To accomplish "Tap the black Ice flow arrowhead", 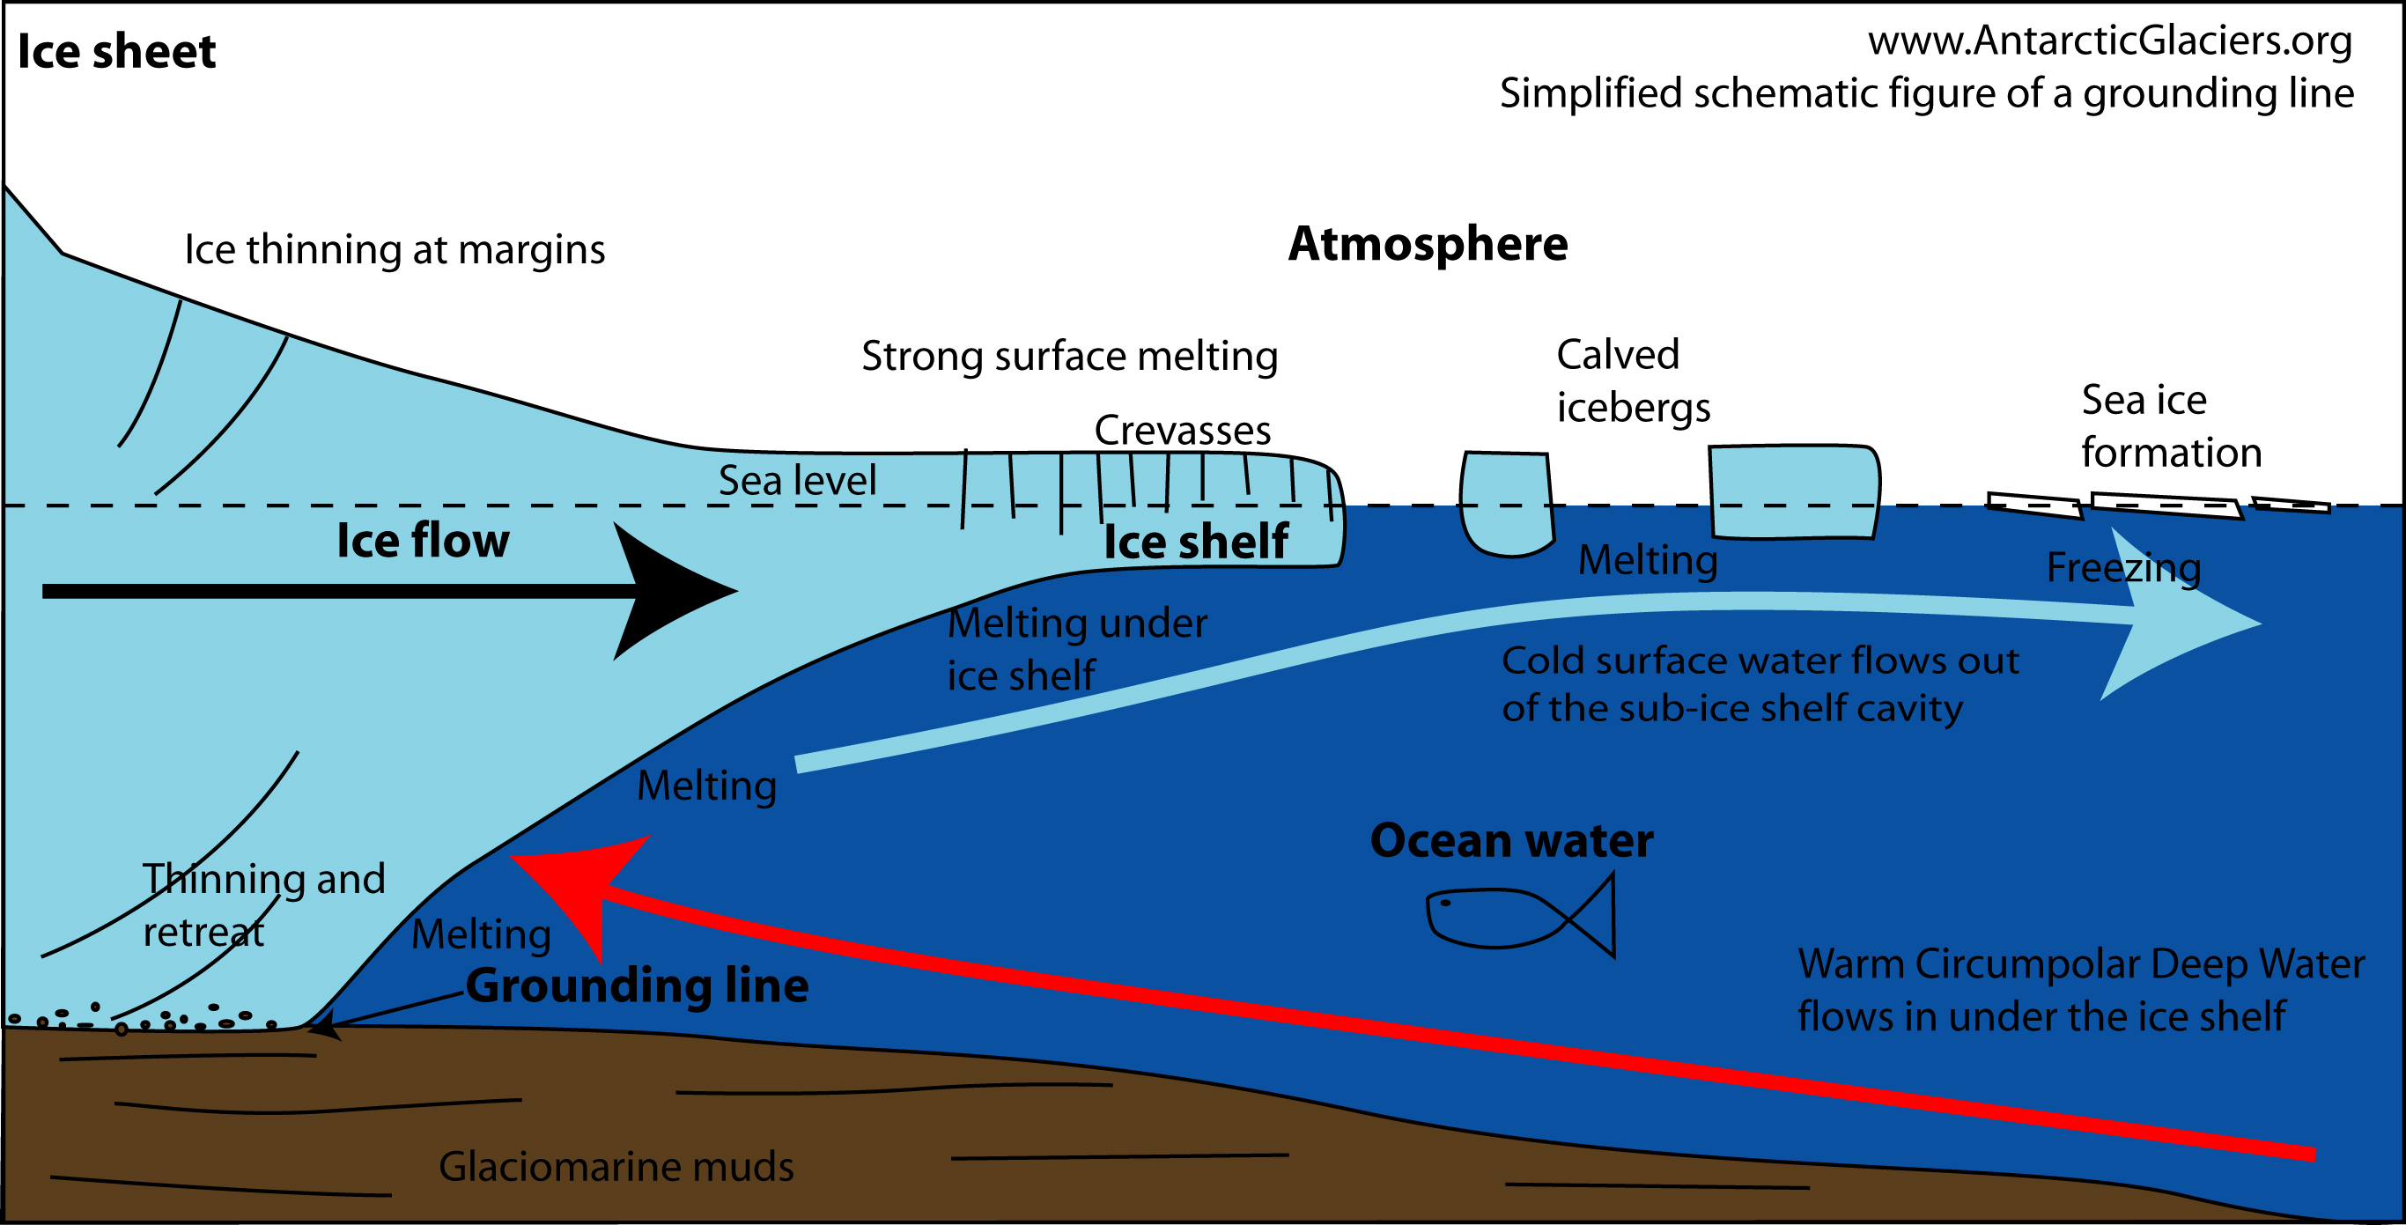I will click(668, 591).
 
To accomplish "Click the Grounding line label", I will click(637, 986).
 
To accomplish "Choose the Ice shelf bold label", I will click(1196, 542).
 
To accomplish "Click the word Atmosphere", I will click(1428, 245).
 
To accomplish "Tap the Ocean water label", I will click(1511, 840).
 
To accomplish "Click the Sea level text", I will click(797, 481).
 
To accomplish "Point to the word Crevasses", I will click(1182, 431).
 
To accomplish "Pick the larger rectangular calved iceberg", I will click(1793, 492).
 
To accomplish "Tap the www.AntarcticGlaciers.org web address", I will click(2109, 41).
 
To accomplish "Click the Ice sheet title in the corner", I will click(117, 51).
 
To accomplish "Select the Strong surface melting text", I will click(1069, 357).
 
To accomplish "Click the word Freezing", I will click(2123, 568).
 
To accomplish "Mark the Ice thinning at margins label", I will click(395, 250).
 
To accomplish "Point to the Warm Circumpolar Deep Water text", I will click(2080, 990).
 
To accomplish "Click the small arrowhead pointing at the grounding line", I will click(323, 1028).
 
